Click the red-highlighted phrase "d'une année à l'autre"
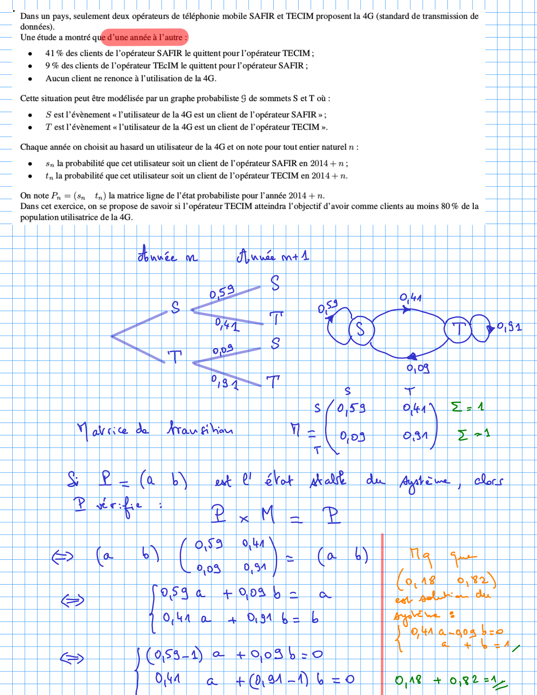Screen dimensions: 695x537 coord(144,37)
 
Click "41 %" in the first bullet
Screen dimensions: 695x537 coord(54,53)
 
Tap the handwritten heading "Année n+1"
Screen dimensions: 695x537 coord(273,256)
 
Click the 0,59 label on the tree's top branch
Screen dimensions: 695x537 coord(222,292)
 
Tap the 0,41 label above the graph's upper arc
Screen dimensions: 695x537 coord(411,298)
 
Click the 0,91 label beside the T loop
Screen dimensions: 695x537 coord(509,327)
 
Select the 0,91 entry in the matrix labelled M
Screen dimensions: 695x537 coord(415,436)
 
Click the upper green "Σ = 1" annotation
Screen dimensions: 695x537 coord(467,407)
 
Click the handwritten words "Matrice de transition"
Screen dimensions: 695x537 coord(155,429)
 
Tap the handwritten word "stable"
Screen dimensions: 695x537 coord(328,480)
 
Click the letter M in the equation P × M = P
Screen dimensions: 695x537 coord(268,515)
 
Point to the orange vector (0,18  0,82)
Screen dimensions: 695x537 coord(446,581)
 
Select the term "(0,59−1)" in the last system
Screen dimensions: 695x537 coord(174,655)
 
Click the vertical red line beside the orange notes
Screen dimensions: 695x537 coord(382,611)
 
